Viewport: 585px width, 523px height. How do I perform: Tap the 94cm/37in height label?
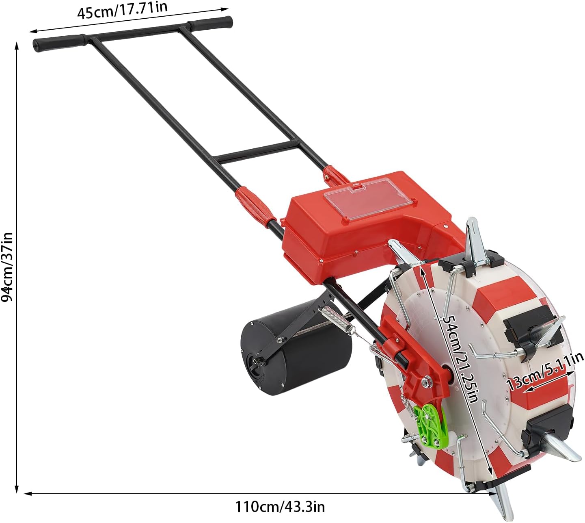click(7, 267)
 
